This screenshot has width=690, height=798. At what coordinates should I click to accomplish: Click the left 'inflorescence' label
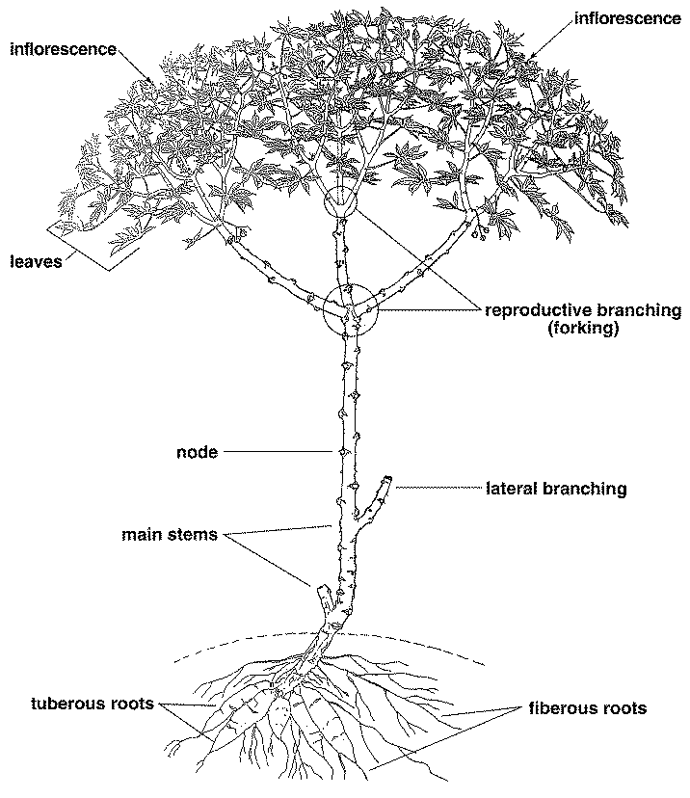coord(63,48)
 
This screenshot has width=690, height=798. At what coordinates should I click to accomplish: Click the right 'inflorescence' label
coord(626,17)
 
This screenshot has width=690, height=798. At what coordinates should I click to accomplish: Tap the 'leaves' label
coord(36,259)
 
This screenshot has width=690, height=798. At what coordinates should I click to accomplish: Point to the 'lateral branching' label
coord(556,489)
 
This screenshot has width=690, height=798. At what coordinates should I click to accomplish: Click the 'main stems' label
coord(170,534)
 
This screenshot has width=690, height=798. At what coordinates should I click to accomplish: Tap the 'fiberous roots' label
coord(587,708)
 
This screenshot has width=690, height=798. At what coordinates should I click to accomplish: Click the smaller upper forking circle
coord(340,201)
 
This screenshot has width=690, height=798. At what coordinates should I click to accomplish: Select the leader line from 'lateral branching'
coord(438,489)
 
